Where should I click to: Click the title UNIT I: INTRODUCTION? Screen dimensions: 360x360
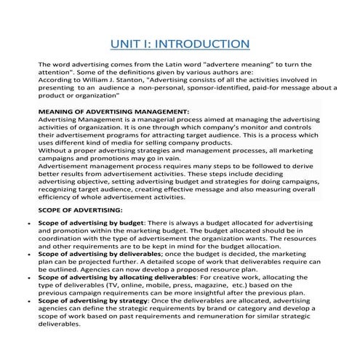[180, 45]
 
